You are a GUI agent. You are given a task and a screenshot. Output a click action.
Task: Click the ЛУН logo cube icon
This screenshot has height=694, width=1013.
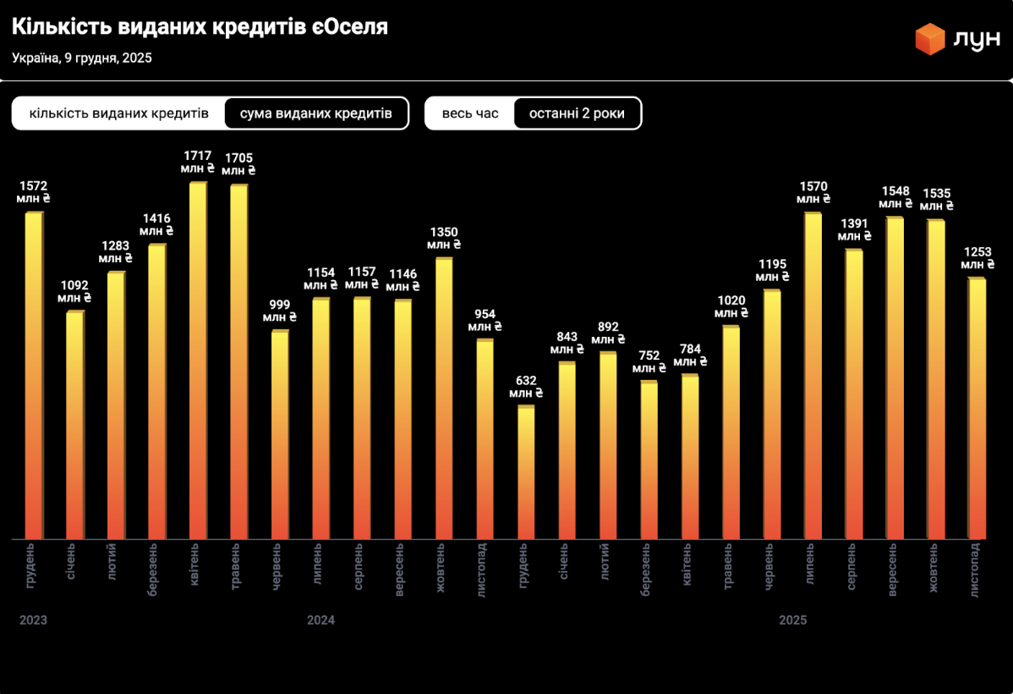(x=929, y=39)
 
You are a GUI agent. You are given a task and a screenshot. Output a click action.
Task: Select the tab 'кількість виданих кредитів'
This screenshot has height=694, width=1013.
(x=118, y=113)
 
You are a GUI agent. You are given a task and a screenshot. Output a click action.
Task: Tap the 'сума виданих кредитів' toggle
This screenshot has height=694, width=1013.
(x=316, y=113)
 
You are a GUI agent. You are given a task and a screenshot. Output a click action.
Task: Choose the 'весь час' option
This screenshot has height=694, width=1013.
(x=470, y=113)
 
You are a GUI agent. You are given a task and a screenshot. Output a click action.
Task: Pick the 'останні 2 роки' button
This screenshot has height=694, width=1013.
(x=577, y=113)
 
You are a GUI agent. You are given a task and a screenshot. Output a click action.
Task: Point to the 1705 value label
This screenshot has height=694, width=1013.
(x=238, y=163)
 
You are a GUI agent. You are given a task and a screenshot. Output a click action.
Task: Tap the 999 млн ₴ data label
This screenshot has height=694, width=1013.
(x=280, y=311)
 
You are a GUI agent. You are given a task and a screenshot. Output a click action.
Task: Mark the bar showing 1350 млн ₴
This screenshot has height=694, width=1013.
(x=444, y=398)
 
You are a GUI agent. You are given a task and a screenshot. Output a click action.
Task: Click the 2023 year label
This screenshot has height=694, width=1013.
(x=33, y=620)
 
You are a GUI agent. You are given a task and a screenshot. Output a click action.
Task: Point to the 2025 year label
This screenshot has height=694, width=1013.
(x=793, y=620)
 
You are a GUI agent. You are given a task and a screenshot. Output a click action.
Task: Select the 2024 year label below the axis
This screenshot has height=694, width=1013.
(x=320, y=620)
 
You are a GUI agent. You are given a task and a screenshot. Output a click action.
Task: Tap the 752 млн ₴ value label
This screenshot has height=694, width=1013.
(x=649, y=361)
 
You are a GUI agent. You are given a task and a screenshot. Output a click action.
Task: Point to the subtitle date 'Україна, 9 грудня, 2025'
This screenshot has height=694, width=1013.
(x=82, y=58)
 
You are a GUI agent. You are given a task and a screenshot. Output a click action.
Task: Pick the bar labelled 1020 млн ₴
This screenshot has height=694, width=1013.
(x=731, y=432)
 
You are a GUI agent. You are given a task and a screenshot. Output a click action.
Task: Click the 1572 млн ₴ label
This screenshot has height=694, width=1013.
(x=34, y=191)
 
